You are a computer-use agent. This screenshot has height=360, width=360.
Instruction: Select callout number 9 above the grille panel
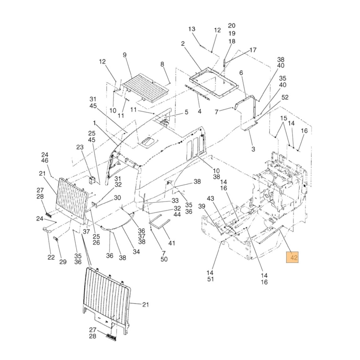pos(125,55)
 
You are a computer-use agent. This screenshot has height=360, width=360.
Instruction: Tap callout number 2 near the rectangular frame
pos(183,44)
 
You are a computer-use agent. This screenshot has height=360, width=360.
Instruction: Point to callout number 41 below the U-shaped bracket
pos(172,243)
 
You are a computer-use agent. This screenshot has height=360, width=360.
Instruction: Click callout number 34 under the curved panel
pos(136,252)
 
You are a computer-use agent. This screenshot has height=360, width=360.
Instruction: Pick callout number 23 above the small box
pos(80,147)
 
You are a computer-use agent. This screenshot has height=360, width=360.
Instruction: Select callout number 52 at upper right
pos(285,97)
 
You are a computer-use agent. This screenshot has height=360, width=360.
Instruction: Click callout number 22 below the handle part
pos(51,257)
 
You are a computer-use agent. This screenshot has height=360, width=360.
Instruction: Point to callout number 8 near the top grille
pos(162,64)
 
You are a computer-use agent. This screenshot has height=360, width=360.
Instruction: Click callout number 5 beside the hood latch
pos(186,112)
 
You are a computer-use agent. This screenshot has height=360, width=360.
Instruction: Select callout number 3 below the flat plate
pos(253,149)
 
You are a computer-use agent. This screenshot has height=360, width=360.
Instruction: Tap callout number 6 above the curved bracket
pos(241,73)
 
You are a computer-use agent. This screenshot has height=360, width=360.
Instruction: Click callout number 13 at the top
pos(192,29)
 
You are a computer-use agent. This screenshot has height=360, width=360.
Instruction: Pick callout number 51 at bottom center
pos(211,279)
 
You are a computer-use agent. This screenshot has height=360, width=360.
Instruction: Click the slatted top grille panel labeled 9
pos(145,87)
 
